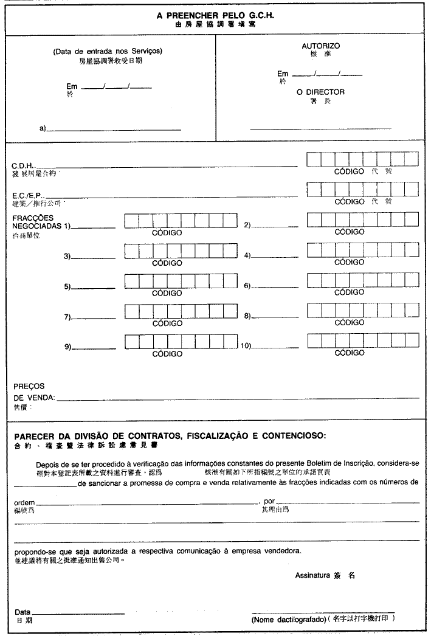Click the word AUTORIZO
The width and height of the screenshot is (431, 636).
[x=320, y=46]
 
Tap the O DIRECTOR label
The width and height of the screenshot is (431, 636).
[x=320, y=92]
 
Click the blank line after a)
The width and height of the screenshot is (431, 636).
[x=114, y=130]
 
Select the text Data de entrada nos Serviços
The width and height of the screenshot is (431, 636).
[x=108, y=51]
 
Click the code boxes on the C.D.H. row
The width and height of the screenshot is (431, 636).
[x=362, y=160]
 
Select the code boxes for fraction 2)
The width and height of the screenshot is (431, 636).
[x=362, y=220]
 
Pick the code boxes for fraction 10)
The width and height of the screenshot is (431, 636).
[x=362, y=340]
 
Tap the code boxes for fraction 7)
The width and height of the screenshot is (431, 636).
[x=180, y=311]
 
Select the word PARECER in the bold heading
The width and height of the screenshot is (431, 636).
[x=36, y=435]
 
